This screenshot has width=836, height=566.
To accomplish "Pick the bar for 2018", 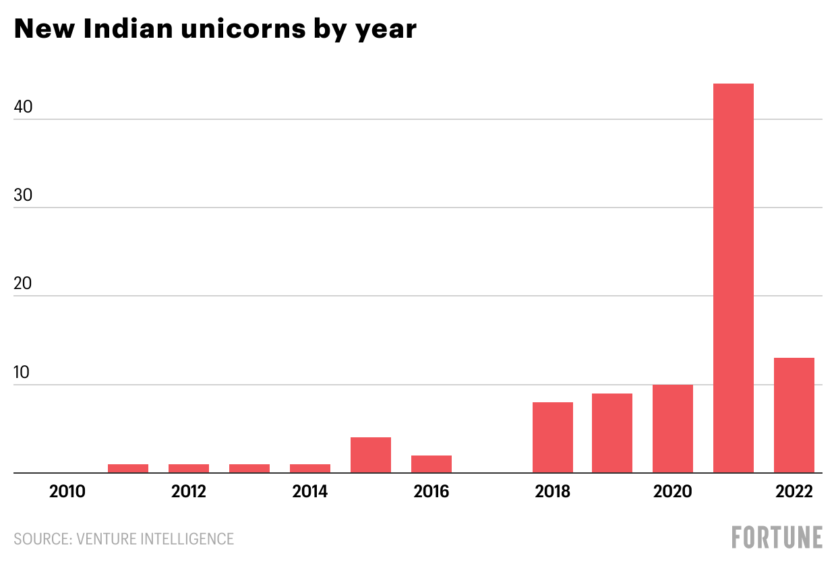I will point(553,438).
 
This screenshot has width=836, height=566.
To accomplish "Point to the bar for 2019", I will point(612,433).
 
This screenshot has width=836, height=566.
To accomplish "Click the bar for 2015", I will point(371,455).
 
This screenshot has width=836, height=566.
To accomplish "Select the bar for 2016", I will point(431,464).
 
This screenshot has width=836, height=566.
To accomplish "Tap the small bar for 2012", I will point(189,468).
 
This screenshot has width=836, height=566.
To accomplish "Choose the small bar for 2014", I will point(310,468).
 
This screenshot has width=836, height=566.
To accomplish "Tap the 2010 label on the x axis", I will point(67,492).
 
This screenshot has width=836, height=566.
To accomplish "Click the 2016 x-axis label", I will point(431,492).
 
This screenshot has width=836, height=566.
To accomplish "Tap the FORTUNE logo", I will point(777,538).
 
